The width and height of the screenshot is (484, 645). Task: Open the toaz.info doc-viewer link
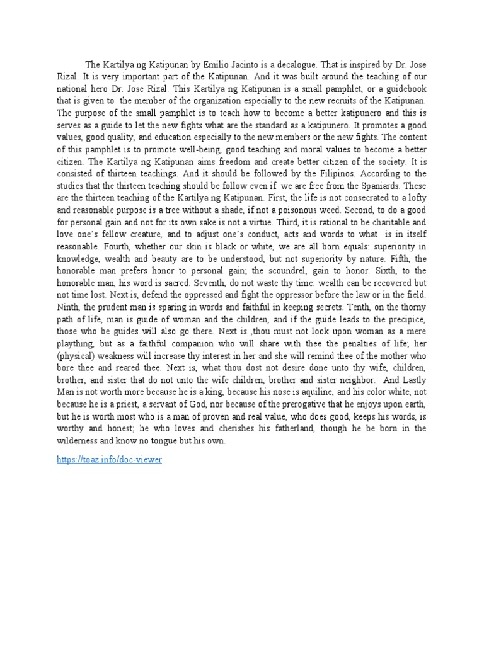(109, 459)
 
